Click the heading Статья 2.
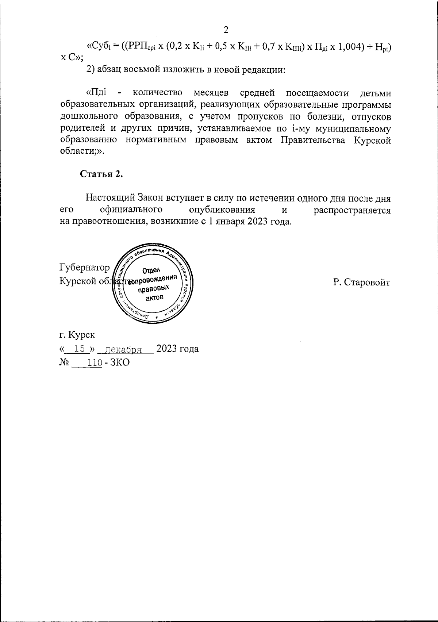[x=101, y=174]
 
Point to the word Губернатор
[x=84, y=268]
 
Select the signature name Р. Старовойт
[x=361, y=283]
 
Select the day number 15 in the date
[x=79, y=349]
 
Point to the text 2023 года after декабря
[x=178, y=349]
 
